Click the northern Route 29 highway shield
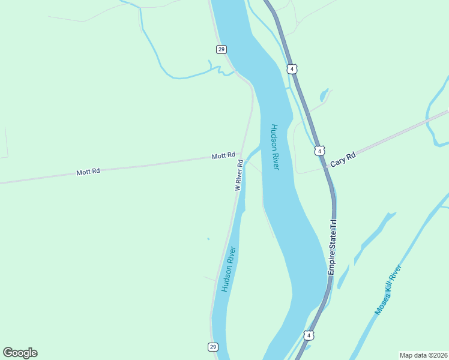(x=221, y=49)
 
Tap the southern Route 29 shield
(x=213, y=347)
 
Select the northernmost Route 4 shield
(x=292, y=68)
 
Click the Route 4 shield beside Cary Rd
(x=320, y=150)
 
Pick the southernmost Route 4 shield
(x=309, y=335)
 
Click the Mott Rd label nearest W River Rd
(x=223, y=156)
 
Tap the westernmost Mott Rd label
(x=88, y=172)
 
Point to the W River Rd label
(x=238, y=175)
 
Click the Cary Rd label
(x=343, y=160)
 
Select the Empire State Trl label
(x=332, y=247)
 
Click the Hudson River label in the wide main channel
(x=275, y=147)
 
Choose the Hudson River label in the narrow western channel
(x=228, y=269)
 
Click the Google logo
(x=20, y=352)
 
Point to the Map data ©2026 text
(x=423, y=355)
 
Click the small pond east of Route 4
(x=324, y=95)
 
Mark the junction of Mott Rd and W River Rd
(x=241, y=154)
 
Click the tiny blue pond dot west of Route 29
(x=208, y=239)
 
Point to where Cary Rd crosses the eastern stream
(x=427, y=121)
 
